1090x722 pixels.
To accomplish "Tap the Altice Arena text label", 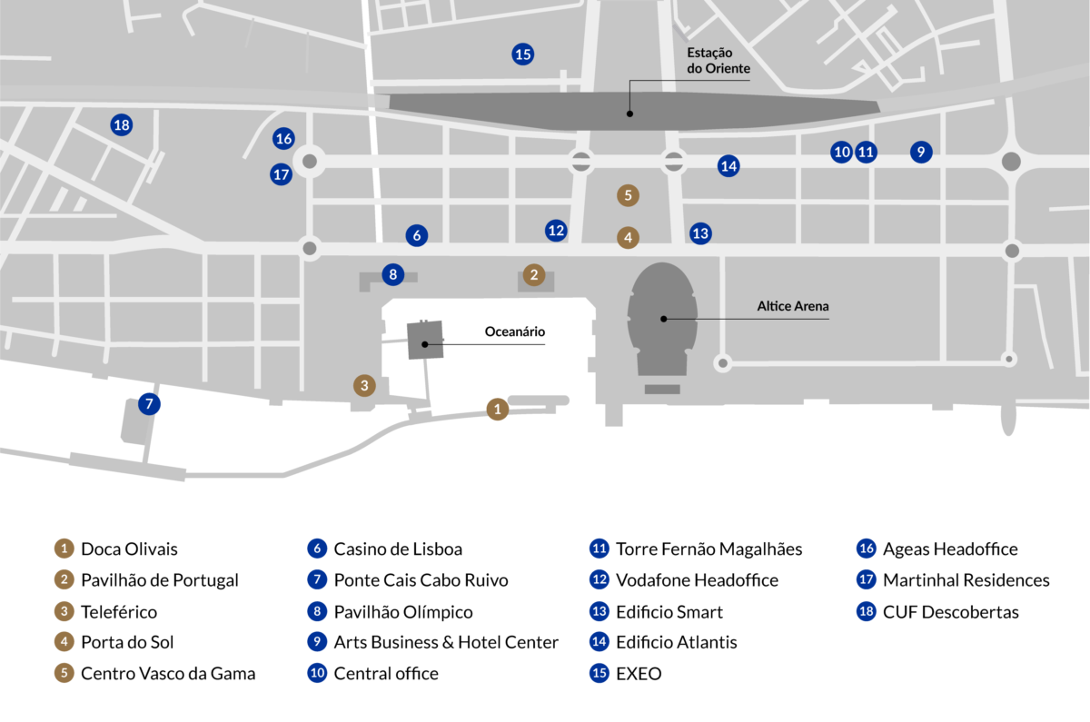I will pyautogui.click(x=793, y=307).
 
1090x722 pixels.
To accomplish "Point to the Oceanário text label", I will pyautogui.click(x=515, y=332).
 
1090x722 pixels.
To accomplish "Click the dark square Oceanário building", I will pyautogui.click(x=425, y=340).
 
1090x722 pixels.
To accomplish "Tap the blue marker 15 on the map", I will pyautogui.click(x=522, y=54).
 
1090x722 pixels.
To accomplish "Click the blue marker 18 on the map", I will pyautogui.click(x=122, y=125).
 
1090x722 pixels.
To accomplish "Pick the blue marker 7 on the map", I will pyautogui.click(x=149, y=404).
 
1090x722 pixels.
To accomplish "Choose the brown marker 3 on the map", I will pyautogui.click(x=364, y=386).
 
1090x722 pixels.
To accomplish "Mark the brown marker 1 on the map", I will pyautogui.click(x=497, y=410).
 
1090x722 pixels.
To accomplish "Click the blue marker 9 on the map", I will pyautogui.click(x=921, y=152).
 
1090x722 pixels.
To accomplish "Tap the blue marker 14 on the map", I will pyautogui.click(x=728, y=166).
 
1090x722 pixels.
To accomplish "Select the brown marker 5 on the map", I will pyautogui.click(x=627, y=194).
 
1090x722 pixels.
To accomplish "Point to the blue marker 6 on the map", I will pyautogui.click(x=417, y=235).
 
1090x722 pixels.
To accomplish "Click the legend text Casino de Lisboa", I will pyautogui.click(x=398, y=549).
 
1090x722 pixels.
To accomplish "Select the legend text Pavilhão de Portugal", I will pyautogui.click(x=160, y=580).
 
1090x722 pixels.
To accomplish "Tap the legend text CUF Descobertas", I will pyautogui.click(x=950, y=612).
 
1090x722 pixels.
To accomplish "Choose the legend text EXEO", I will pyautogui.click(x=639, y=674).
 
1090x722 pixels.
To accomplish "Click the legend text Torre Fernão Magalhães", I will pyautogui.click(x=708, y=549).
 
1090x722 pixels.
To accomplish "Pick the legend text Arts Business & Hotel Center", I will pyautogui.click(x=446, y=643).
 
